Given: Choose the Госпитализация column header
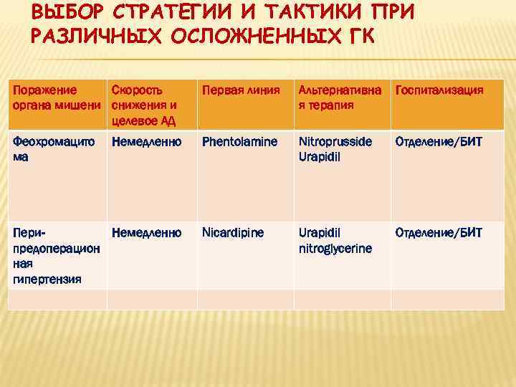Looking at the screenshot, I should click(439, 91).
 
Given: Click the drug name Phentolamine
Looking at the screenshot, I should click(239, 142).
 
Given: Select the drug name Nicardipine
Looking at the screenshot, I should click(232, 233).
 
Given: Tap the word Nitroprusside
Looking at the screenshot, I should click(335, 142).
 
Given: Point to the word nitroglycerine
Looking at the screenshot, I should click(335, 249).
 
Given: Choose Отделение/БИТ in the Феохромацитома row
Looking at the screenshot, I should click(439, 142).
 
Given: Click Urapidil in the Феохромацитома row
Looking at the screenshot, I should click(319, 156).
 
